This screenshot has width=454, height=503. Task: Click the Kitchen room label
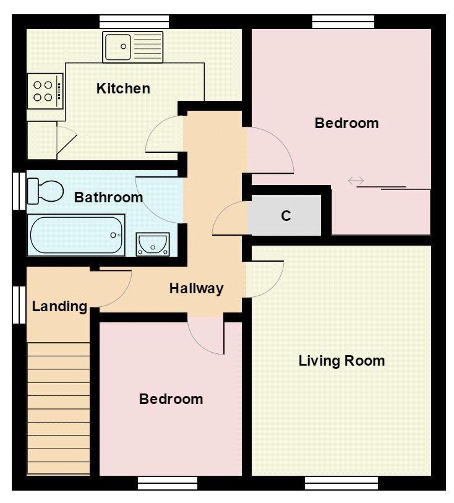pos(123,88)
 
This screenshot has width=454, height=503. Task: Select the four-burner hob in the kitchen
pos(45,91)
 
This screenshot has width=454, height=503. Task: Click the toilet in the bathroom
pos(45,191)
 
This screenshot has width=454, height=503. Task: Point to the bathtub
pos(76,235)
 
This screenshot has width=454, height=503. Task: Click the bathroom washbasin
pos(153,244)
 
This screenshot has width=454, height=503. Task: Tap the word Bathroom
pos(108,197)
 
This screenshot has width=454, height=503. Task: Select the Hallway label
pos(196,288)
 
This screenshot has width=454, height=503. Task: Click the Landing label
pos(59,307)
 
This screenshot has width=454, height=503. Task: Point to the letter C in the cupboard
pos(286,216)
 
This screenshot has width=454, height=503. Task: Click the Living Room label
pos(342,361)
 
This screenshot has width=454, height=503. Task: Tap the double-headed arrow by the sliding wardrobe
pos(356,181)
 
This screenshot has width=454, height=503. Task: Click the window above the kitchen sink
pos(134,22)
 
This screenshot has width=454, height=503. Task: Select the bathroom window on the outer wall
pos(19,191)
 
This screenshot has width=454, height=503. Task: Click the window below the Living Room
pos(341,483)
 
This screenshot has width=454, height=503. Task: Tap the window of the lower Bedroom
pos(168,483)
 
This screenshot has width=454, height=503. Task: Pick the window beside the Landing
pos(19,305)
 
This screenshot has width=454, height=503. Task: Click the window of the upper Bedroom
pos(343,22)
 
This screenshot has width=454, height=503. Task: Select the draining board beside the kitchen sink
pos(147,47)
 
